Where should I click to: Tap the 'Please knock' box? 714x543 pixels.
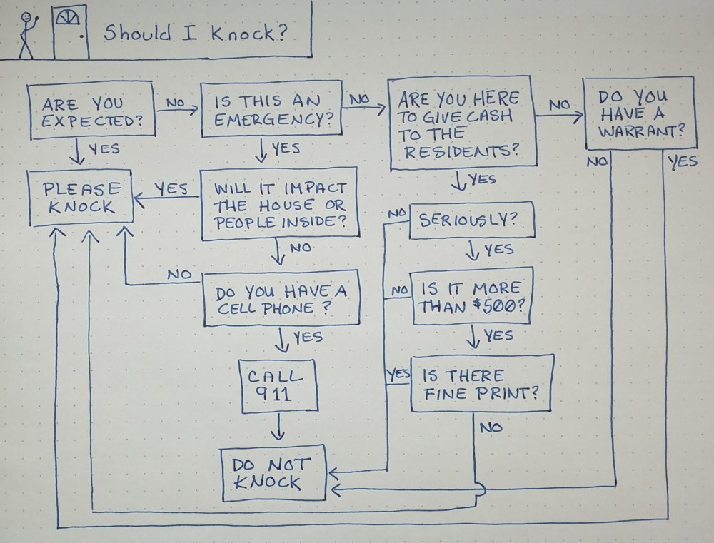(x=79, y=197)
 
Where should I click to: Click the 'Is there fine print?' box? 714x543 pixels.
(x=481, y=383)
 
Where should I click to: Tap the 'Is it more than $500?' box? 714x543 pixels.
(x=471, y=298)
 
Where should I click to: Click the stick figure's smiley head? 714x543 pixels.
(x=27, y=16)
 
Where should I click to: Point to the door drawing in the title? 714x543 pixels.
(x=71, y=33)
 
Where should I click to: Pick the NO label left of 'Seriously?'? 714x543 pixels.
(x=397, y=213)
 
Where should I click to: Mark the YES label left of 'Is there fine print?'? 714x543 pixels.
(x=397, y=373)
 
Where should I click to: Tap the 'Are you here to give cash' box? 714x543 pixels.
(x=461, y=123)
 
